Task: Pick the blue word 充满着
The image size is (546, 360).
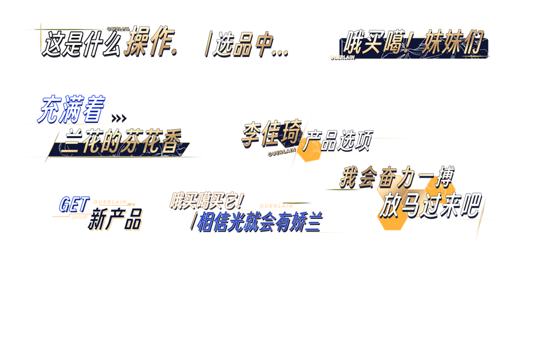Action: tap(71, 109)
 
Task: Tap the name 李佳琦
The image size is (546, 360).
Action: tap(271, 133)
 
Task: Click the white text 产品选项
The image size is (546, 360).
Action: tap(337, 141)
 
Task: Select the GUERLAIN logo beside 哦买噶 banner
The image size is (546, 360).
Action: tap(343, 57)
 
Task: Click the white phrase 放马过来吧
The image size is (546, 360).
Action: tap(429, 206)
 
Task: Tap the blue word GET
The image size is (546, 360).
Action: tap(73, 205)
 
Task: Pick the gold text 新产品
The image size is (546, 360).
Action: tap(115, 220)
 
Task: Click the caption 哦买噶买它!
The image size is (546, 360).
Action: tap(206, 200)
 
